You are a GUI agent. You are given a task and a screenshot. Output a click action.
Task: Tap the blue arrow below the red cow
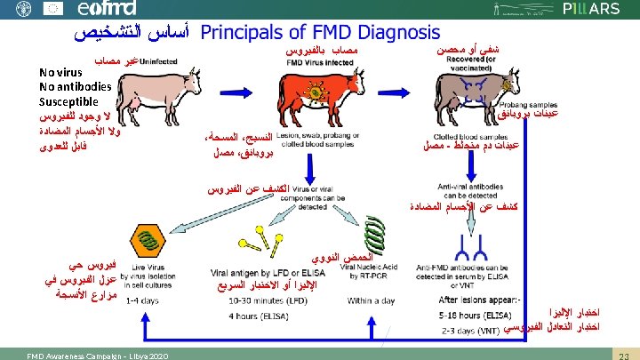(314, 172)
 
